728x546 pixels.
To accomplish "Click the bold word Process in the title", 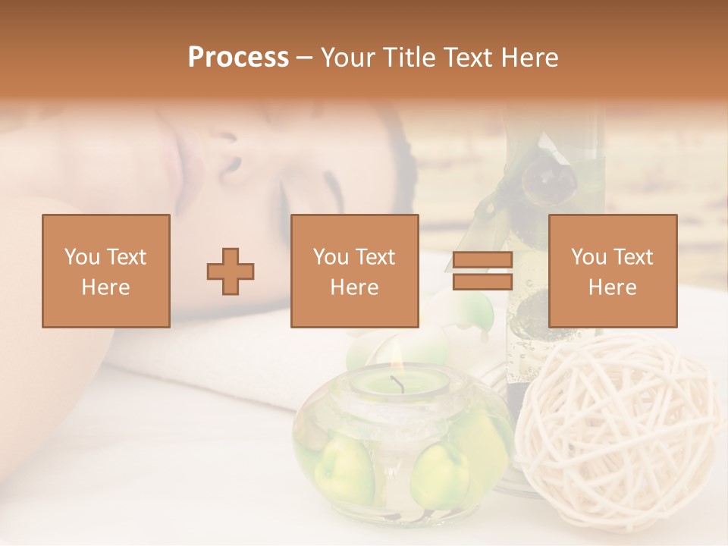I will coord(238,58).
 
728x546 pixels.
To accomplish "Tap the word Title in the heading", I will coord(411,58).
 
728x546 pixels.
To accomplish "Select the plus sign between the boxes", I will coord(231,271).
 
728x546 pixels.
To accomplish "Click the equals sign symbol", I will coord(482,271).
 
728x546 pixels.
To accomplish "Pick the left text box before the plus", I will coord(105,271).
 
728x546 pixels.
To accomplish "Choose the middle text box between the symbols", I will coord(354,271).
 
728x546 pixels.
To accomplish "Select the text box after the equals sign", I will coord(612,271).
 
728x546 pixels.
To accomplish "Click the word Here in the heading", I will coord(529,58).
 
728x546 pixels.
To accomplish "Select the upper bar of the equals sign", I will coord(482,260).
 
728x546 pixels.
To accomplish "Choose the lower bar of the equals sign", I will coord(482,282).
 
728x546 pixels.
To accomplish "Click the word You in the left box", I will coord(80,257).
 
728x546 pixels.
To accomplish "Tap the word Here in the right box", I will coord(612,287).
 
